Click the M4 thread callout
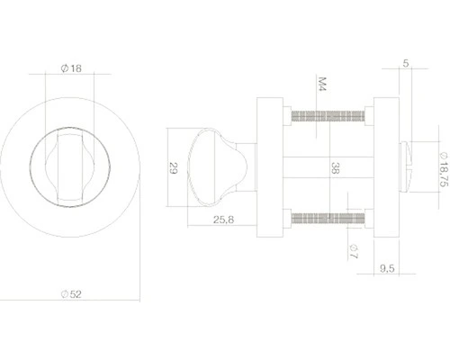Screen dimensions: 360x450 pos(320,87)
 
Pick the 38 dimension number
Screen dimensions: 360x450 pos(336,168)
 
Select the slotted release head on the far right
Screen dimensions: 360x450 pos(412,166)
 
